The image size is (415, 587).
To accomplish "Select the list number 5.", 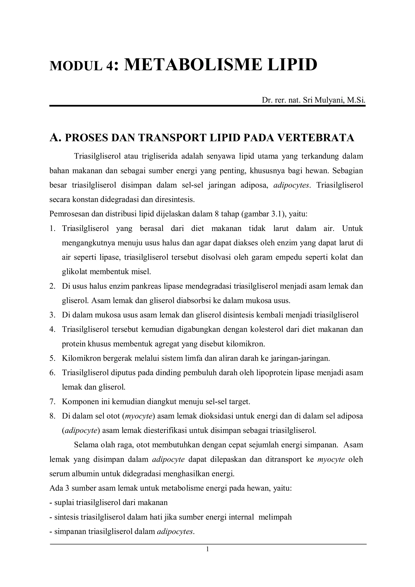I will pyautogui.click(x=52, y=358).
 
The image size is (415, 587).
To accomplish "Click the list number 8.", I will pyautogui.click(x=52, y=416).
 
